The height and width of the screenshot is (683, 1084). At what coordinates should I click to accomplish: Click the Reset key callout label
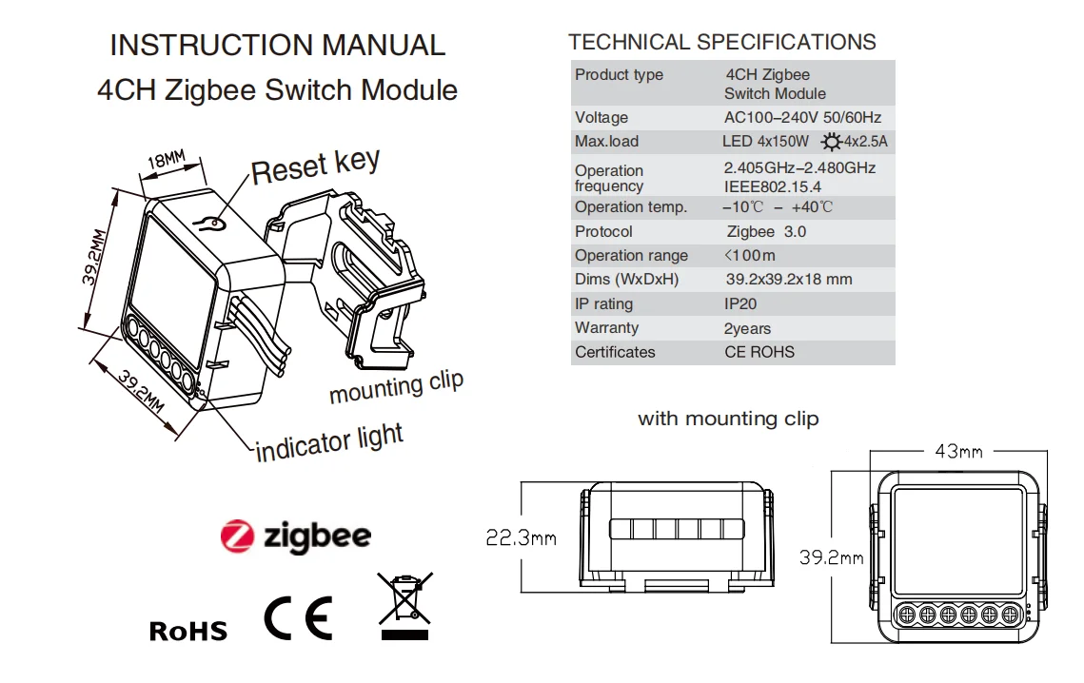(315, 166)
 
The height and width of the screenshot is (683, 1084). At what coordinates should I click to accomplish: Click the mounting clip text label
(396, 386)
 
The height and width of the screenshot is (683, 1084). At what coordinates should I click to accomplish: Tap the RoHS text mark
(188, 630)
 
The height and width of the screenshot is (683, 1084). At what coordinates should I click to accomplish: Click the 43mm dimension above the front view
(958, 451)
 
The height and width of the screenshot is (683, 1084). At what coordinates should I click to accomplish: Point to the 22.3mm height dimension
(521, 538)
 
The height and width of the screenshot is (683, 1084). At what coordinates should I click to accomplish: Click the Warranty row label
(606, 328)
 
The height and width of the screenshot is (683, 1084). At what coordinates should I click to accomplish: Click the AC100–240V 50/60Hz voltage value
(802, 118)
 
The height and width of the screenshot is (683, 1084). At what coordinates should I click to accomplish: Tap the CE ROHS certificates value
(759, 352)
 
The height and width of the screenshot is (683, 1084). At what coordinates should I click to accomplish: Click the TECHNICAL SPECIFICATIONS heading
(721, 42)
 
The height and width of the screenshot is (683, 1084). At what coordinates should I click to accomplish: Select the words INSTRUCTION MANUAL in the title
(277, 45)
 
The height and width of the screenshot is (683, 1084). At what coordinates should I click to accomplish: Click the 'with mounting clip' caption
(727, 419)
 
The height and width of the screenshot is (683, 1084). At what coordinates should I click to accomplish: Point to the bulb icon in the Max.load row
(832, 142)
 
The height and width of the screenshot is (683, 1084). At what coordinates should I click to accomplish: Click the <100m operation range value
(749, 255)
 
